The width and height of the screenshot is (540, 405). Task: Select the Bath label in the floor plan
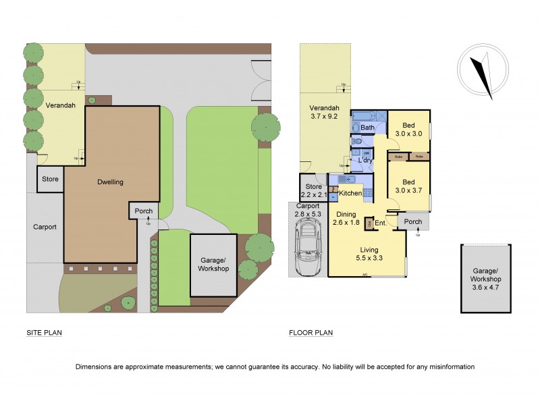367,128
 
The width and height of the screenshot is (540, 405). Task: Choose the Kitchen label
350,194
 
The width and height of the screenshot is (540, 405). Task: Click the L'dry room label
365,161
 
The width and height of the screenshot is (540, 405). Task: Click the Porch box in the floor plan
412,221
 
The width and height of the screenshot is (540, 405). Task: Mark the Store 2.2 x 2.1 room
313,191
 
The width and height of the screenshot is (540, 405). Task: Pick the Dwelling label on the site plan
110,182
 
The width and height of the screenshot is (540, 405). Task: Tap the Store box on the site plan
50,180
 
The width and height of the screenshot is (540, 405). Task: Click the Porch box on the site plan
143,211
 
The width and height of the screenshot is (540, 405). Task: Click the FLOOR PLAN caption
310,333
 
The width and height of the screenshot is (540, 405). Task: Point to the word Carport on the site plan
45,227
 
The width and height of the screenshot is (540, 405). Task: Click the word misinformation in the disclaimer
449,367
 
